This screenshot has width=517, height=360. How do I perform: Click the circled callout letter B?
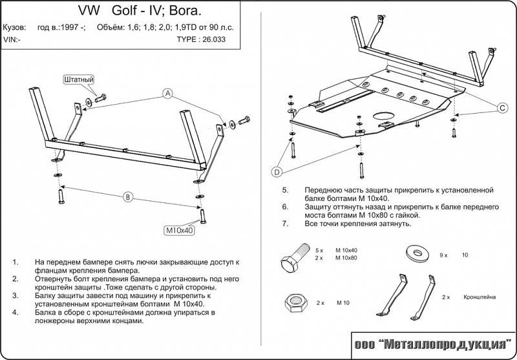pos(128,196)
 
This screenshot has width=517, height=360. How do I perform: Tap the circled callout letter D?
pos(277,171)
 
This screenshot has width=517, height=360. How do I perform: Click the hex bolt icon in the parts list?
pos(293,259)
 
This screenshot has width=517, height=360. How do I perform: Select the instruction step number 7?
pos(285,223)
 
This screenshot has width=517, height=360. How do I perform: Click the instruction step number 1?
pos(15,262)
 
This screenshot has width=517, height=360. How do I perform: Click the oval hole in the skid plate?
pos(385,118)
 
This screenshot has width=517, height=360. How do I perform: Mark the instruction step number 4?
pos(15,312)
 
